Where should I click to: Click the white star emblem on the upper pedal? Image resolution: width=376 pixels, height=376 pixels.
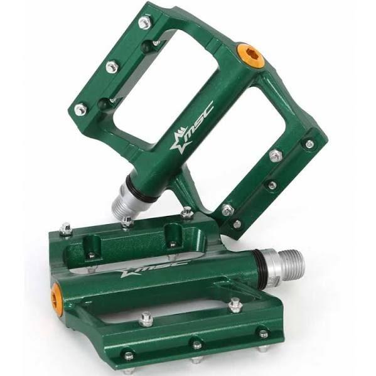178,141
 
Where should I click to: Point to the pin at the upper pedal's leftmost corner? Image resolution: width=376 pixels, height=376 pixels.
80,110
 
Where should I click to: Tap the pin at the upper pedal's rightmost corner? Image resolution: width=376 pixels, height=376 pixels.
309,144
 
